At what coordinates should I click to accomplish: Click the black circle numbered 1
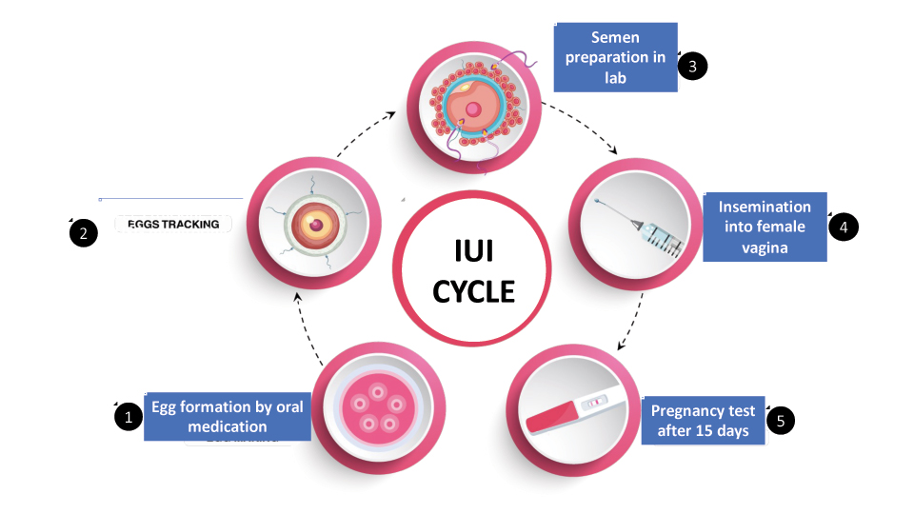point(128,417)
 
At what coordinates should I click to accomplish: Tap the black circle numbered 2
point(84,234)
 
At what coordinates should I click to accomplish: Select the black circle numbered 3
point(693,66)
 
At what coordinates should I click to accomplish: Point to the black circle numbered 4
point(843,227)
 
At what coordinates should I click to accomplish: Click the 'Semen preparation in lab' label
point(615,57)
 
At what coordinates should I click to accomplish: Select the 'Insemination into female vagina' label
point(765,227)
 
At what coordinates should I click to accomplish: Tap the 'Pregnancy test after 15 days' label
point(703,421)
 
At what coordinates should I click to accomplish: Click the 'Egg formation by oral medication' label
point(228,417)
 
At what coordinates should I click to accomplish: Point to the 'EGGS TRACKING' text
point(173,225)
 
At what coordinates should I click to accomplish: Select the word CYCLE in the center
point(473,291)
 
